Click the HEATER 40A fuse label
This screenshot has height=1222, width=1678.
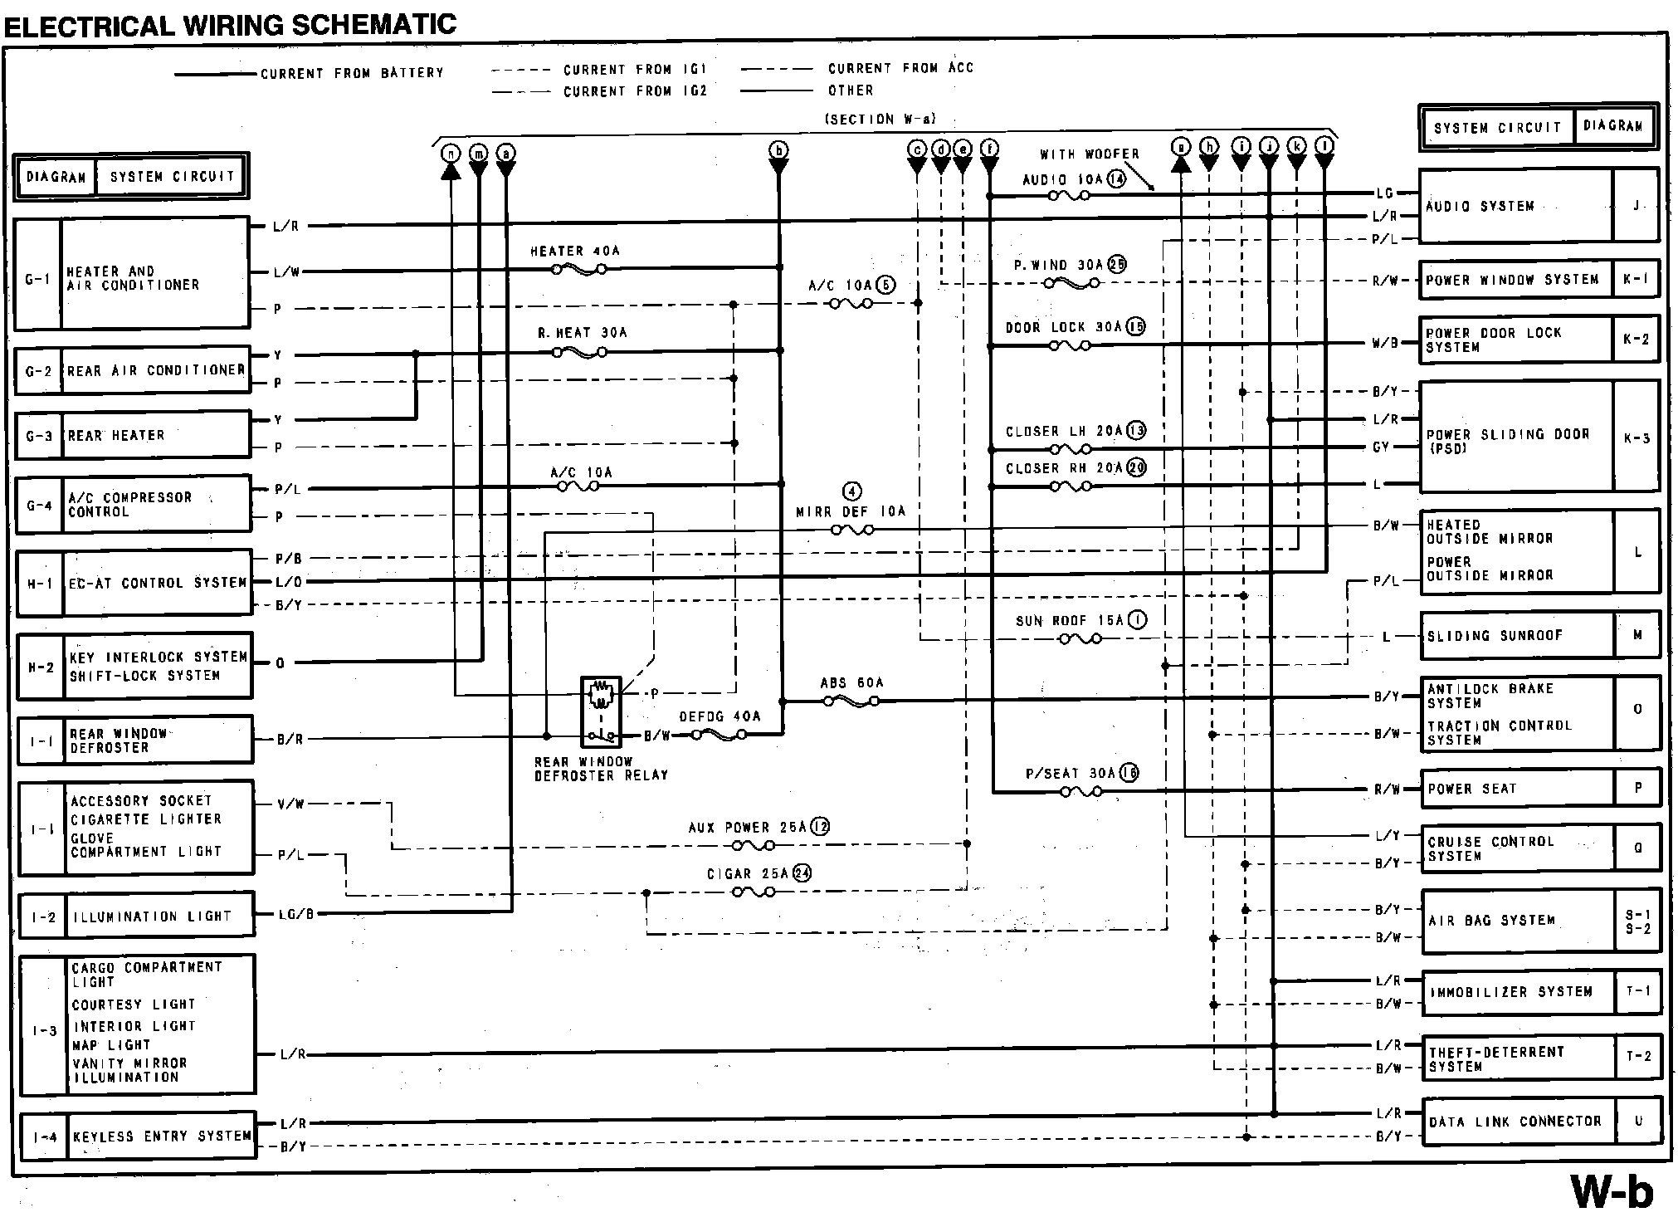(575, 251)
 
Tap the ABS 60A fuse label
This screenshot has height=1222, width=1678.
(851, 683)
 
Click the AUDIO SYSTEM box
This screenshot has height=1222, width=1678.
(1515, 206)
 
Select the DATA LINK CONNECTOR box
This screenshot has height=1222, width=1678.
(1519, 1122)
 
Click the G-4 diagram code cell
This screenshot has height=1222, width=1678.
(39, 505)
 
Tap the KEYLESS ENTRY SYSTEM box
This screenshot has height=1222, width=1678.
(161, 1136)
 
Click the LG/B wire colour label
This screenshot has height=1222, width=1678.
(297, 915)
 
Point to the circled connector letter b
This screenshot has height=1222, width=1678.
(778, 150)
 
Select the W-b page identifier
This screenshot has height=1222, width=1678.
(1611, 1191)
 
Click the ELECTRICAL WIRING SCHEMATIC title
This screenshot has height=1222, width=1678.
(231, 24)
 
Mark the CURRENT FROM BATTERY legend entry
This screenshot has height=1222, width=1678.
(352, 73)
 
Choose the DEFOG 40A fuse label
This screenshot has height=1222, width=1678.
(719, 716)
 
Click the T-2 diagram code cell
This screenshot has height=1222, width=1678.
(1638, 1056)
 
